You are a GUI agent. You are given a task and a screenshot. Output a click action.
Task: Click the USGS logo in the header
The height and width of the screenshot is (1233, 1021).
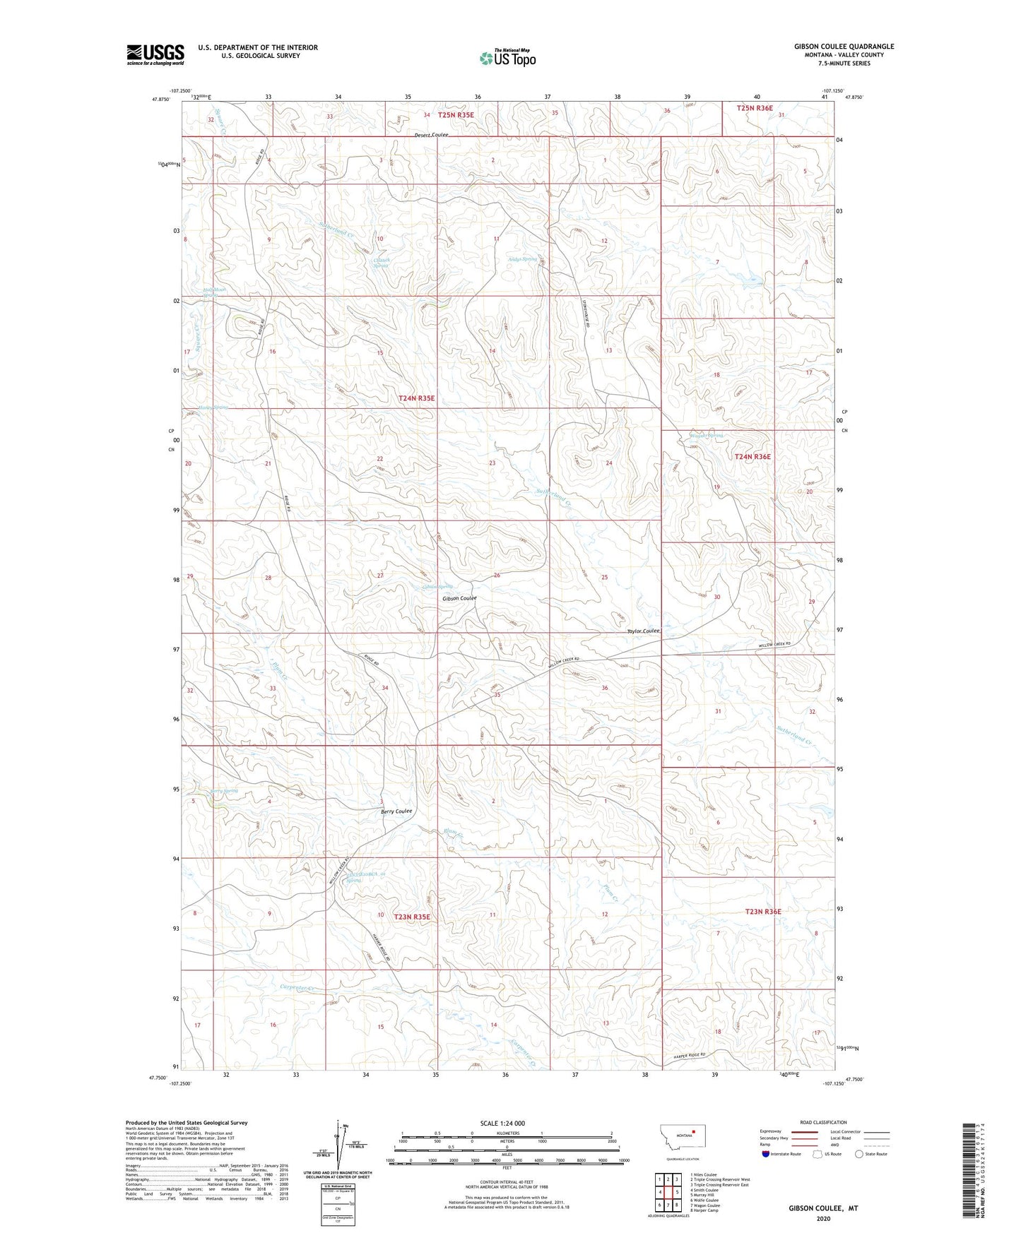(155, 54)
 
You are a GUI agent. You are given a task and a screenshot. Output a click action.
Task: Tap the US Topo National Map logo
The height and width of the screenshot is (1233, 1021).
(507, 58)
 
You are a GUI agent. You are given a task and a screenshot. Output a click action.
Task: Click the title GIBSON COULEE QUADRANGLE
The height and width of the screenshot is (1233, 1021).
(844, 47)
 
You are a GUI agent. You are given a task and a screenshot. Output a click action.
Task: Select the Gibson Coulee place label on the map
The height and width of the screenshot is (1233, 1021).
(459, 598)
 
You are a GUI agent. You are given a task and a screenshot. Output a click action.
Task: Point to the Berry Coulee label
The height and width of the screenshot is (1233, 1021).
(396, 811)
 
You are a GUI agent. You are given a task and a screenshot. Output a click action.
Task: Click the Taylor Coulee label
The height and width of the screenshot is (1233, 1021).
(643, 631)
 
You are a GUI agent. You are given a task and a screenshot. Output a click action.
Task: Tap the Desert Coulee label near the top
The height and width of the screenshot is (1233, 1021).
(431, 135)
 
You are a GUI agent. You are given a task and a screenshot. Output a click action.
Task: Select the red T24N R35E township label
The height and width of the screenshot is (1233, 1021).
(416, 398)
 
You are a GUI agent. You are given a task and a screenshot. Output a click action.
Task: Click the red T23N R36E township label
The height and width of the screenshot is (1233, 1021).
(763, 911)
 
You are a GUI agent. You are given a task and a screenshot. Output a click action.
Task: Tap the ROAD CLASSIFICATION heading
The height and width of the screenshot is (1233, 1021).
(823, 1122)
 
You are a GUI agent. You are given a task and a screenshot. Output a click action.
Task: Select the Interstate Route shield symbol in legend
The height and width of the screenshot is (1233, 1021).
(767, 1154)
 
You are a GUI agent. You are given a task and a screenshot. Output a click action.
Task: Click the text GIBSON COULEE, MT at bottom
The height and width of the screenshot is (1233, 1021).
(823, 1208)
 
